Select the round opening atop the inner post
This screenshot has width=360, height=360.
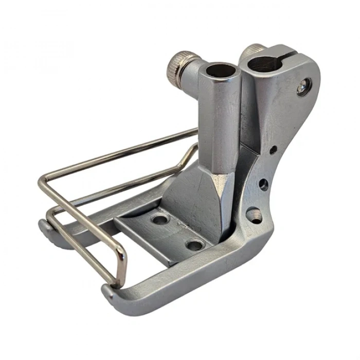pos(218,68)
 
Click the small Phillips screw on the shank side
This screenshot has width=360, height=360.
pos(301,88)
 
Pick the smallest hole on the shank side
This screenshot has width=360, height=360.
pos(274,150)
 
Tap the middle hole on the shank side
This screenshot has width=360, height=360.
pos(264,184)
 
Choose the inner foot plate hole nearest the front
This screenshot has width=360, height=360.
pos(194,245)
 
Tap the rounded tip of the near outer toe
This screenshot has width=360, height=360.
pos(107,294)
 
